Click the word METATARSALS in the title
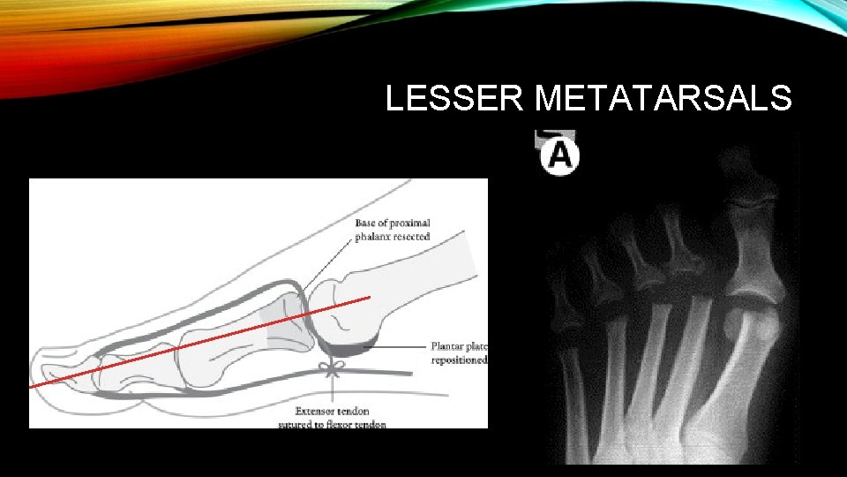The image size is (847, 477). tap(663, 98)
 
